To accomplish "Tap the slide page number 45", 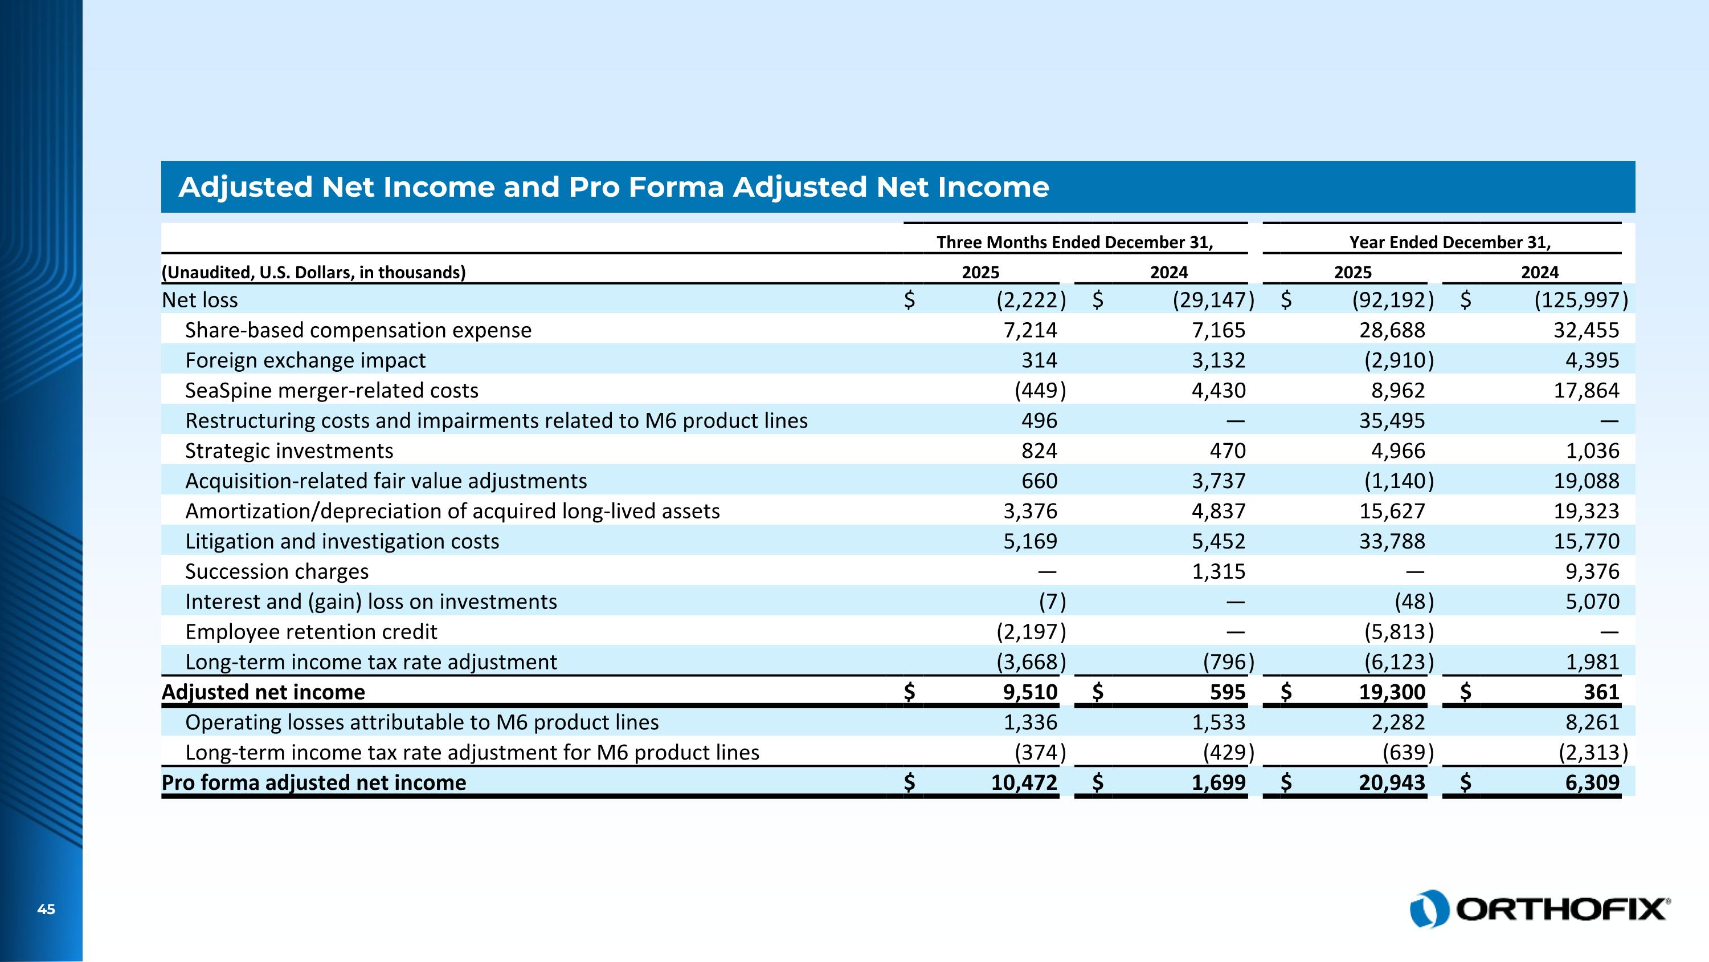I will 46,910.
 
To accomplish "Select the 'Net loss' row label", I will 200,300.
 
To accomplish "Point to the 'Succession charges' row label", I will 277,571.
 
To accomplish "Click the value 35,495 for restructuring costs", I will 1391,421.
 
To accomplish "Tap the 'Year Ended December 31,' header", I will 1450,242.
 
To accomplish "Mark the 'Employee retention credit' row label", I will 311,632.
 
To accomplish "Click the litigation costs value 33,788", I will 1391,542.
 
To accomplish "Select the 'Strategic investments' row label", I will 289,452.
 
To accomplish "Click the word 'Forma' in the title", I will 676,187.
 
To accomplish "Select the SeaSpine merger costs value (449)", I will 1040,391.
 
